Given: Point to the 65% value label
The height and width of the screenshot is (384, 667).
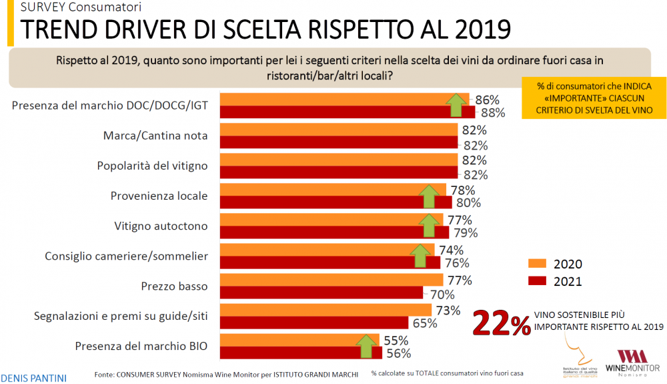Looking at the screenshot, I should pyautogui.click(x=424, y=323).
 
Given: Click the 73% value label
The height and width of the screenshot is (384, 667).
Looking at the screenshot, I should pyautogui.click(x=448, y=311).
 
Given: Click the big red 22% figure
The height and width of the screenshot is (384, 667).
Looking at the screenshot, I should pyautogui.click(x=502, y=323).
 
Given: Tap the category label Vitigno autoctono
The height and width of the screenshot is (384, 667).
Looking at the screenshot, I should pyautogui.click(x=161, y=226).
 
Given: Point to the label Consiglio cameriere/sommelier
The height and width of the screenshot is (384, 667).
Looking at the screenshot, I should pyautogui.click(x=127, y=256).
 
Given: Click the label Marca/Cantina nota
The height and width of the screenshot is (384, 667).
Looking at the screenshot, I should pyautogui.click(x=155, y=136).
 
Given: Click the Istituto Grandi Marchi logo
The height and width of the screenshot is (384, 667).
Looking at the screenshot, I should pyautogui.click(x=575, y=361).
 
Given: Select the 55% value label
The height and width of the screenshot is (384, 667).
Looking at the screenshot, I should pyautogui.click(x=396, y=341).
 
